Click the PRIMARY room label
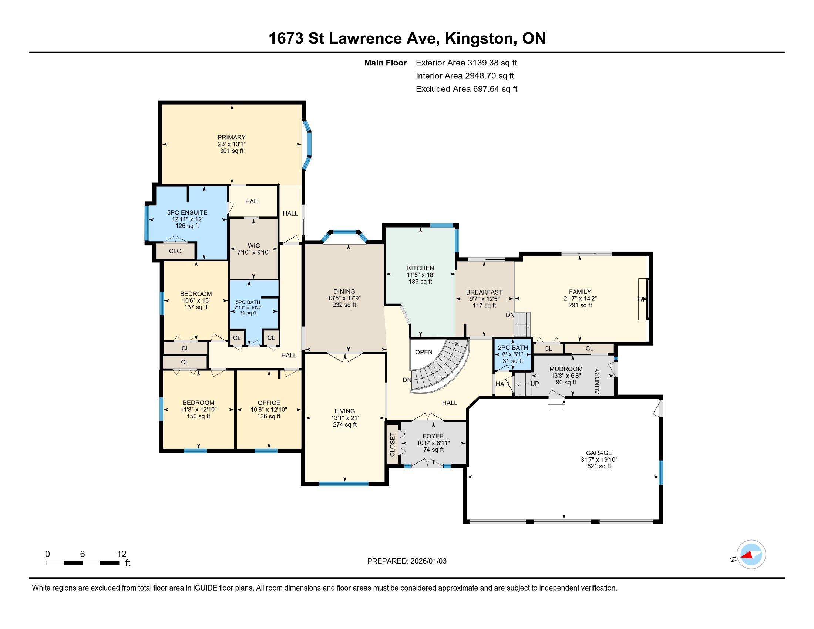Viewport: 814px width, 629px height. [x=232, y=138]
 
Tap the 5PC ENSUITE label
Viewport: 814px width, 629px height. [x=187, y=212]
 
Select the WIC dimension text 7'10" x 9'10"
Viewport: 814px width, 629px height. [x=254, y=252]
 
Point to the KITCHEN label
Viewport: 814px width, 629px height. [x=420, y=268]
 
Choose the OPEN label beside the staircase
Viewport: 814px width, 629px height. [x=424, y=353]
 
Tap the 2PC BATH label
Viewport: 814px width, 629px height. [x=513, y=348]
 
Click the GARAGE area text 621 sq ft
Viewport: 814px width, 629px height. [x=599, y=466]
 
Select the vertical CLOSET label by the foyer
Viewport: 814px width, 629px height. [x=392, y=444]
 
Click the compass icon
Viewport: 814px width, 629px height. [x=751, y=555]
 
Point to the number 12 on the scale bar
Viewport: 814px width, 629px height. [x=121, y=554]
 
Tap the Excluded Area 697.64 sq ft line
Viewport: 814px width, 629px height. [x=467, y=89]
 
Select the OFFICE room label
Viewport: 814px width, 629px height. [x=269, y=403]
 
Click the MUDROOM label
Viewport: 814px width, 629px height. [x=566, y=369]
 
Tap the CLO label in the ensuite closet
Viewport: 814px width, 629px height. [x=175, y=251]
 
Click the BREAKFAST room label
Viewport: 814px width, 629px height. [x=484, y=292]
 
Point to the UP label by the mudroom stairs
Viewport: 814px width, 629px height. [x=535, y=383]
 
